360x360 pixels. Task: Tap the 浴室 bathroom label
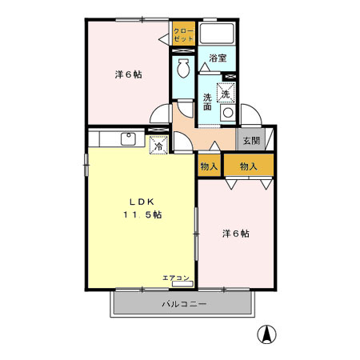pos(218,58)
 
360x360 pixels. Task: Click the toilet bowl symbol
pos(182,70)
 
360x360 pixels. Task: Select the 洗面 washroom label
pos(207,102)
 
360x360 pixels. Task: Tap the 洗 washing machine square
pos(226,94)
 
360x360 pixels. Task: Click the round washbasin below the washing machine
pos(228,114)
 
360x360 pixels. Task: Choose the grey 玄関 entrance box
pos(250,140)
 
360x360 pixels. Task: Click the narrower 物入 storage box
pos(210,166)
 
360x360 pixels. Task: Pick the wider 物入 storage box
pos(248,166)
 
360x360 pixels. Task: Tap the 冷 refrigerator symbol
pos(158,146)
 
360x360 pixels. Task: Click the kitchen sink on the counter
pos(128,138)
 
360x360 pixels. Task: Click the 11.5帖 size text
pos(142,215)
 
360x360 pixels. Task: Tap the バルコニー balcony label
pos(184,305)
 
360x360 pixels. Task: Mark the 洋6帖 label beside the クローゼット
pos(128,74)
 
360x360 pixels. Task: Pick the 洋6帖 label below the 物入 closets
pos(235,234)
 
